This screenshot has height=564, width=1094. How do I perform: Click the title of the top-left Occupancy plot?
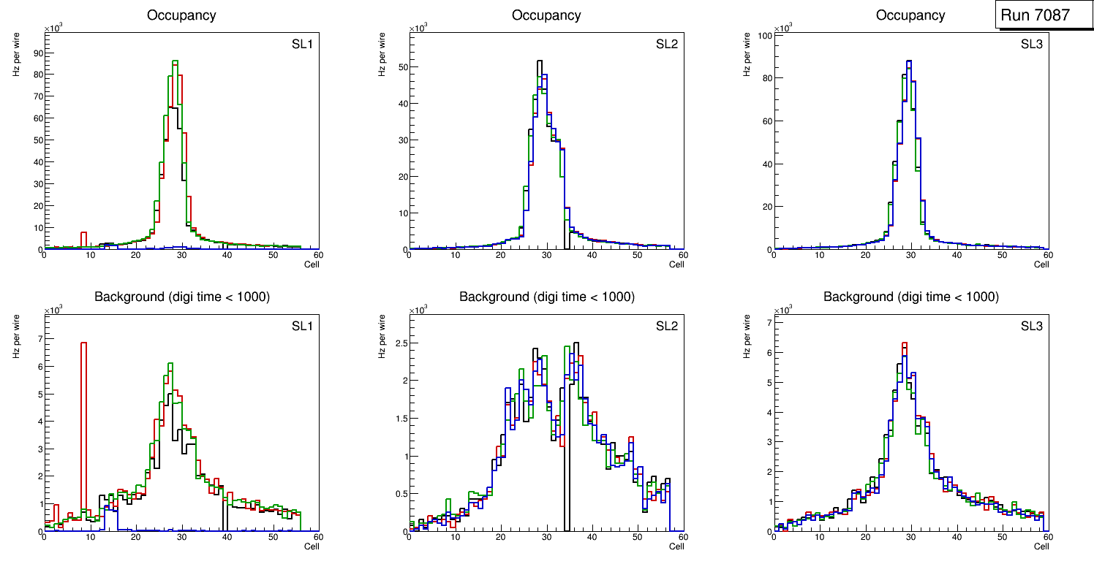(x=181, y=15)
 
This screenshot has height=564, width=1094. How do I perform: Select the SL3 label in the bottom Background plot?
(x=1031, y=326)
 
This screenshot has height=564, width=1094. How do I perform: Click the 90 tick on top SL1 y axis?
(x=37, y=53)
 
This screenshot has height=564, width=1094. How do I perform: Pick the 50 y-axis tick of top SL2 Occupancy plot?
(x=401, y=67)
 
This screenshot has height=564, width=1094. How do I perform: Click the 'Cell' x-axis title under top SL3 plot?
(x=1041, y=264)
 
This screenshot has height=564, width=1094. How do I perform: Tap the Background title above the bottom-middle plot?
(x=546, y=297)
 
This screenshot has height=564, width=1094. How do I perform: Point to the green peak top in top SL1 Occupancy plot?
(x=175, y=61)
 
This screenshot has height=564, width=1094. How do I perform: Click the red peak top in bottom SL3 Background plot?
(x=905, y=343)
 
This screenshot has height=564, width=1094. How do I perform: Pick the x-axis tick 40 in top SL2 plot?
(x=592, y=255)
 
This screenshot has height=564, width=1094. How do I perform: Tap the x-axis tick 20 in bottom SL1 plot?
(x=136, y=537)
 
